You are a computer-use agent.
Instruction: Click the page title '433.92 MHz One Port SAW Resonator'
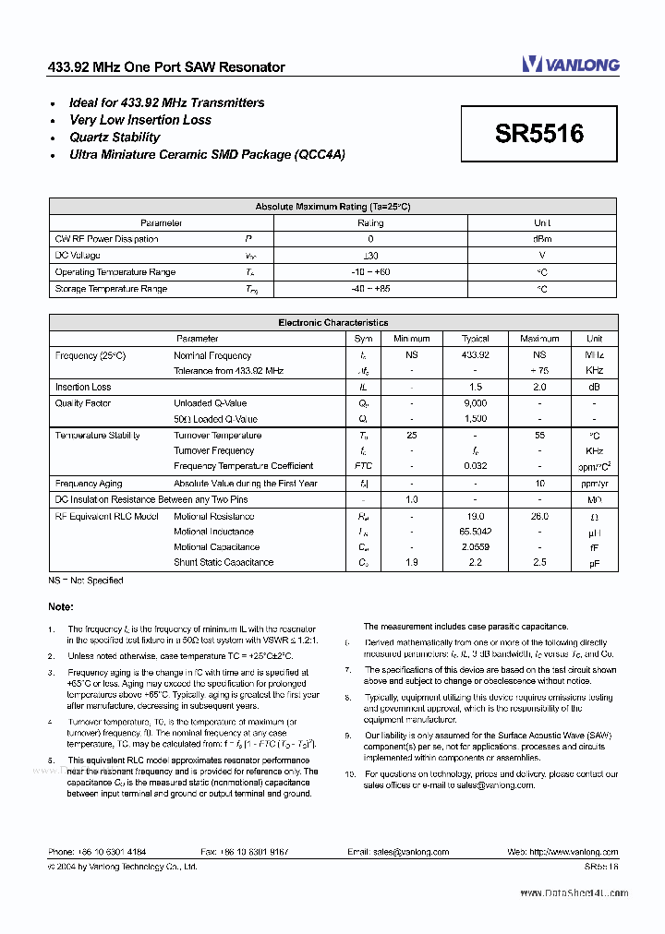[166, 67]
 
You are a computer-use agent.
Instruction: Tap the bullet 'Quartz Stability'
[115, 138]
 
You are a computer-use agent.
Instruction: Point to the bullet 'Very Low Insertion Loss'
[140, 120]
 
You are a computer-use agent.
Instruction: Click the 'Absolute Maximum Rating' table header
[332, 207]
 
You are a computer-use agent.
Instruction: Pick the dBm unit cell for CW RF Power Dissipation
[542, 239]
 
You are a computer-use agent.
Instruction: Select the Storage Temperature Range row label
[111, 289]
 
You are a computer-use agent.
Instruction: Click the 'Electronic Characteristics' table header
[332, 323]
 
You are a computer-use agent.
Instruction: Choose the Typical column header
[475, 339]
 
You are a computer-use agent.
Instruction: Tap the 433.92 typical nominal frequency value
[475, 355]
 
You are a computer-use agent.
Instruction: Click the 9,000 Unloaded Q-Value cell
[475, 403]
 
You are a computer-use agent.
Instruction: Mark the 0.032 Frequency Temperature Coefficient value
[475, 466]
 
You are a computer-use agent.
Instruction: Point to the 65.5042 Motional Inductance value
[475, 532]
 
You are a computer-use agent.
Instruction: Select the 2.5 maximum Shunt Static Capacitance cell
[539, 562]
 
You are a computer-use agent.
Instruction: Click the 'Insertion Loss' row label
[83, 388]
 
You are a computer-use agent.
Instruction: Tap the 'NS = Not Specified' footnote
[85, 581]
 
